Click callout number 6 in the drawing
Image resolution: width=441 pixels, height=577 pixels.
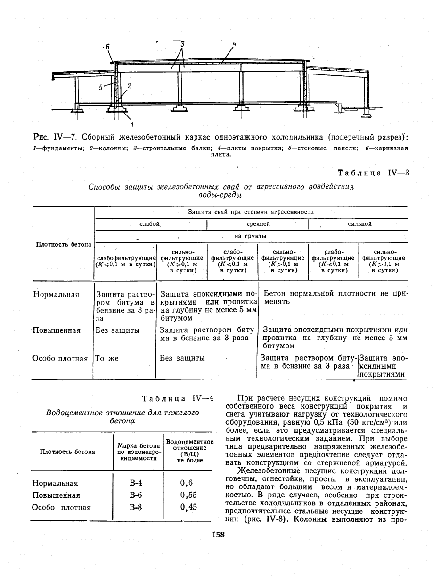(106, 47)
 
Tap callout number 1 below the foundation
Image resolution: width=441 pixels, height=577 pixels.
(132, 124)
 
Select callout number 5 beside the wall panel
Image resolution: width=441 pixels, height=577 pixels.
(101, 87)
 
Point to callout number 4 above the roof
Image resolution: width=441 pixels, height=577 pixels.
(234, 44)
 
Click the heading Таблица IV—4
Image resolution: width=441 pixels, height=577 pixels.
(178, 398)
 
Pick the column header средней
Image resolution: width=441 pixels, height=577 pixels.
(258, 224)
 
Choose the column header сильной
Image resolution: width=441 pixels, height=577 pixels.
(359, 224)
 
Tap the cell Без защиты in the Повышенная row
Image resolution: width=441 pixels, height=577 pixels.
(117, 330)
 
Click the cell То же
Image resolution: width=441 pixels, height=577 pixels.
(107, 358)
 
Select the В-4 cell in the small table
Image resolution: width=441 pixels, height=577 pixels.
(136, 483)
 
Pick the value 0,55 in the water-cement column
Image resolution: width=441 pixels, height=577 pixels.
(188, 495)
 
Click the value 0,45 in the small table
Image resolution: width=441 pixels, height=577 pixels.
(188, 508)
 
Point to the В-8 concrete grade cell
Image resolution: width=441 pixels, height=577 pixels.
(136, 508)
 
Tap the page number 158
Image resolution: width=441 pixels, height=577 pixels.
(219, 535)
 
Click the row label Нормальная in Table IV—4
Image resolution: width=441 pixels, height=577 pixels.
(55, 483)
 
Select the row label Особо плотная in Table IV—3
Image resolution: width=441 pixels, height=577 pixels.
(60, 359)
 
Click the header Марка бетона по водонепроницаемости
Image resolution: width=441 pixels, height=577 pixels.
(136, 452)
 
